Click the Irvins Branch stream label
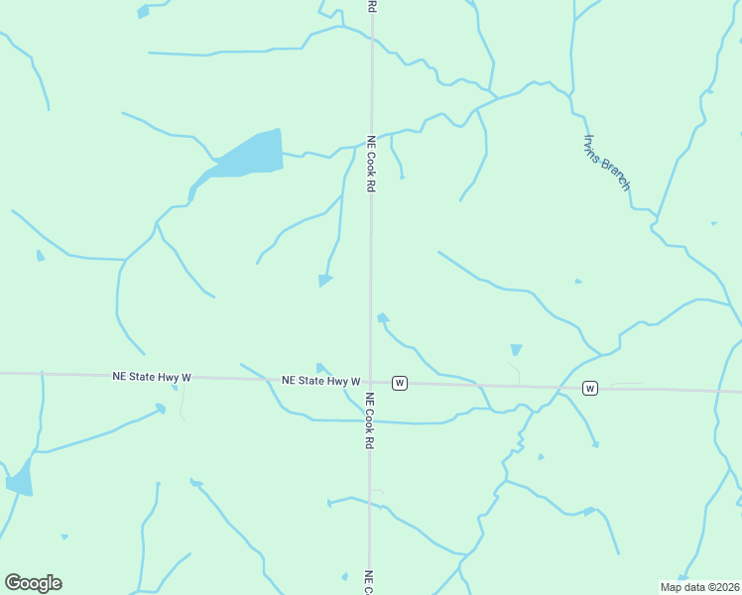pyautogui.click(x=607, y=163)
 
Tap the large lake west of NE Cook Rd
pyautogui.click(x=249, y=155)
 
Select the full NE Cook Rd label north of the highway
pyautogui.click(x=371, y=164)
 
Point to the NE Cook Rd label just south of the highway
pyautogui.click(x=370, y=421)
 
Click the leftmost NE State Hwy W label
pyautogui.click(x=152, y=378)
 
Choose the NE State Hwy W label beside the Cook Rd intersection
pyautogui.click(x=320, y=381)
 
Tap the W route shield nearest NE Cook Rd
pyautogui.click(x=399, y=383)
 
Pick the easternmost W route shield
pyautogui.click(x=590, y=387)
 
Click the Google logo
pyautogui.click(x=33, y=582)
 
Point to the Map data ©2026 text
pyautogui.click(x=699, y=587)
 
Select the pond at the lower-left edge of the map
pyautogui.click(x=20, y=480)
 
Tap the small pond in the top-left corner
pyautogui.click(x=143, y=12)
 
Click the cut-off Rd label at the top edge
pyautogui.click(x=372, y=6)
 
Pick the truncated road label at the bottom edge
pyautogui.click(x=368, y=583)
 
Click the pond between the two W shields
pyautogui.click(x=516, y=349)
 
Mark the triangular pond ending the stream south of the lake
pyautogui.click(x=324, y=281)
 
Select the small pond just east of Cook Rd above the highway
pyautogui.click(x=382, y=317)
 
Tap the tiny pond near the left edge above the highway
pyautogui.click(x=40, y=256)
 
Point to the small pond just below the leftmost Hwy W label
pyautogui.click(x=160, y=407)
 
